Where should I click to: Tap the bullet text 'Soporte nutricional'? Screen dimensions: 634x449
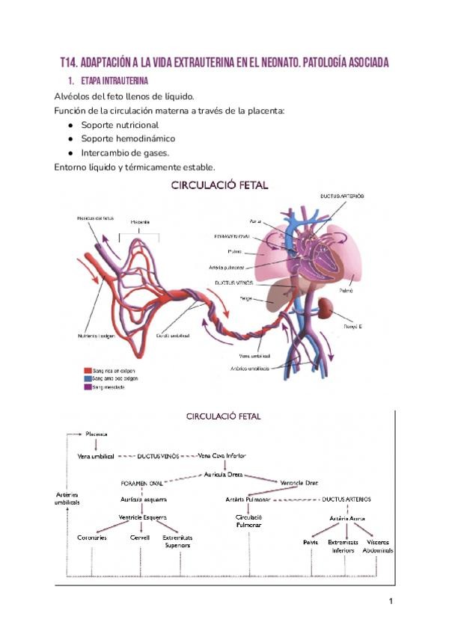(120, 125)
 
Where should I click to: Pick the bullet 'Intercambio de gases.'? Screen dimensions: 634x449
(125, 153)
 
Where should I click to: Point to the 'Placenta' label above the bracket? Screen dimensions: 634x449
(139, 222)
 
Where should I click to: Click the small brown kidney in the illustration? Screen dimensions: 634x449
(326, 307)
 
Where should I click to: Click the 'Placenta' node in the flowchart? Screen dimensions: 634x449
(97, 433)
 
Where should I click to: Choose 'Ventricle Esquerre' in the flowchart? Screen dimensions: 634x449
(142, 517)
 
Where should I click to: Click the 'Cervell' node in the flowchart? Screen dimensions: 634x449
(140, 538)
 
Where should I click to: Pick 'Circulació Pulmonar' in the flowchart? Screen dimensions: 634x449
(248, 521)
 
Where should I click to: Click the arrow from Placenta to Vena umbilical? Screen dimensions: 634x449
(97, 444)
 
